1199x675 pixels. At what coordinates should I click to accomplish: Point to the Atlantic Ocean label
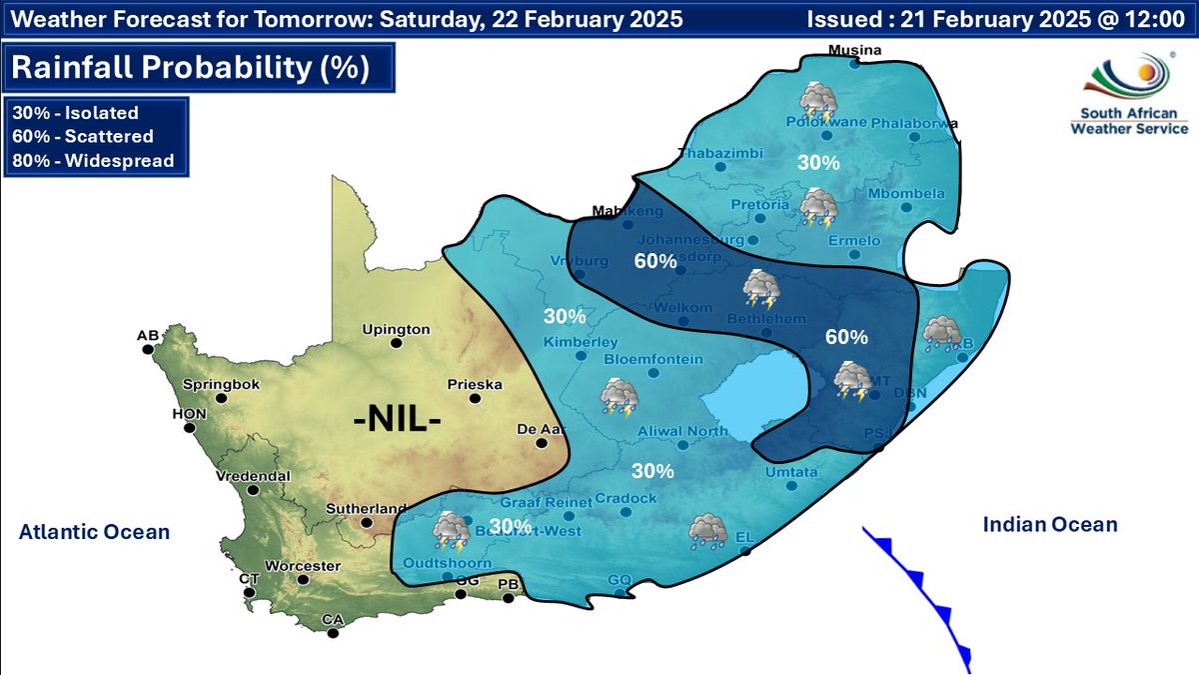(94, 533)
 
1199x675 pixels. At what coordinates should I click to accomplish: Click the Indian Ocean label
(1049, 524)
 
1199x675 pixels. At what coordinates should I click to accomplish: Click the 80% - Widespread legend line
(92, 160)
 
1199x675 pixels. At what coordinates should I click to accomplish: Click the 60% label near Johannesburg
(655, 261)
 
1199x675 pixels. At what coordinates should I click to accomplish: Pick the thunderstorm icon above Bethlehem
(762, 291)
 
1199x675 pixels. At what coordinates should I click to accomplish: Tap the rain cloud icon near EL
(708, 531)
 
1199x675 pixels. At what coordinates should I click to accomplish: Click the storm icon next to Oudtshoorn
(451, 531)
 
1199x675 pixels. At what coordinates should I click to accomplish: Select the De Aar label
(536, 430)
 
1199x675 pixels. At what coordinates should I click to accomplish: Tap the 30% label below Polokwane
(817, 162)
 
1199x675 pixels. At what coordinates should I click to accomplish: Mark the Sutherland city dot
(367, 522)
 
